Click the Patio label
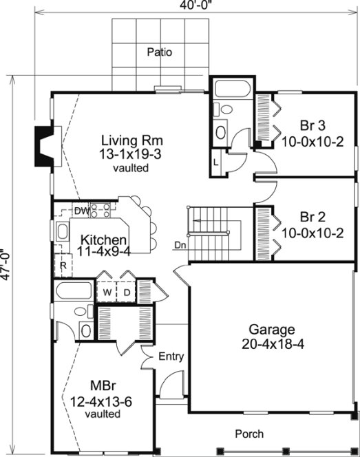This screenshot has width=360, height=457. [159, 52]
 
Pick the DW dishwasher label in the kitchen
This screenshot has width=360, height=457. [81, 210]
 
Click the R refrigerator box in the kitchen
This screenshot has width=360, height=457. [63, 264]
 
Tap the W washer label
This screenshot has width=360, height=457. [107, 291]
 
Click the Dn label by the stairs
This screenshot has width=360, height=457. [180, 244]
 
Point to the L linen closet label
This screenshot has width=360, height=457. [216, 162]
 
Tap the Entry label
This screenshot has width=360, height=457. [171, 357]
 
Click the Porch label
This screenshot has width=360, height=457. [249, 434]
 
